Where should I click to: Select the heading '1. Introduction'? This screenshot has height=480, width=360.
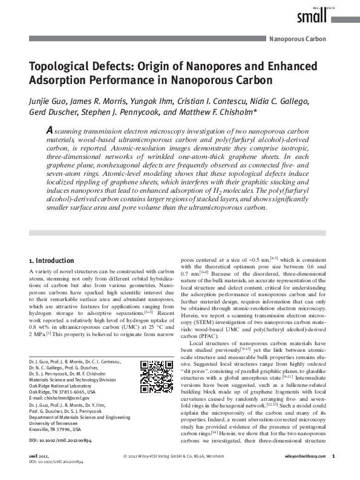(x=51, y=261)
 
